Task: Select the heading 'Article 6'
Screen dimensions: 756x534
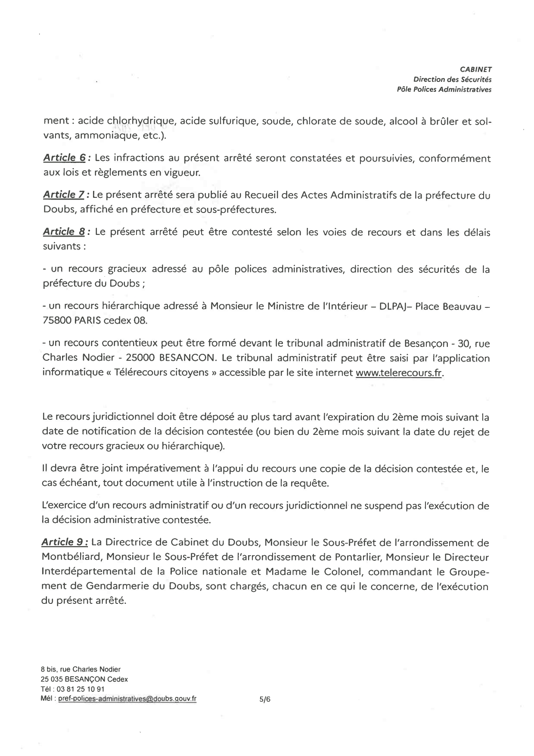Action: tap(64, 158)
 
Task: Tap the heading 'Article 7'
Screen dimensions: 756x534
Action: tap(63, 195)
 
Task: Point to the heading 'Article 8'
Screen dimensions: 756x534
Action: tap(64, 232)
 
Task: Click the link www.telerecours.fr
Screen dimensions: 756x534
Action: tap(399, 373)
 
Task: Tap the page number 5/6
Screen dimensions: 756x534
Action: tap(265, 700)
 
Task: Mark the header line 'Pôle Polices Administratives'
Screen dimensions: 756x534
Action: tap(444, 90)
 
